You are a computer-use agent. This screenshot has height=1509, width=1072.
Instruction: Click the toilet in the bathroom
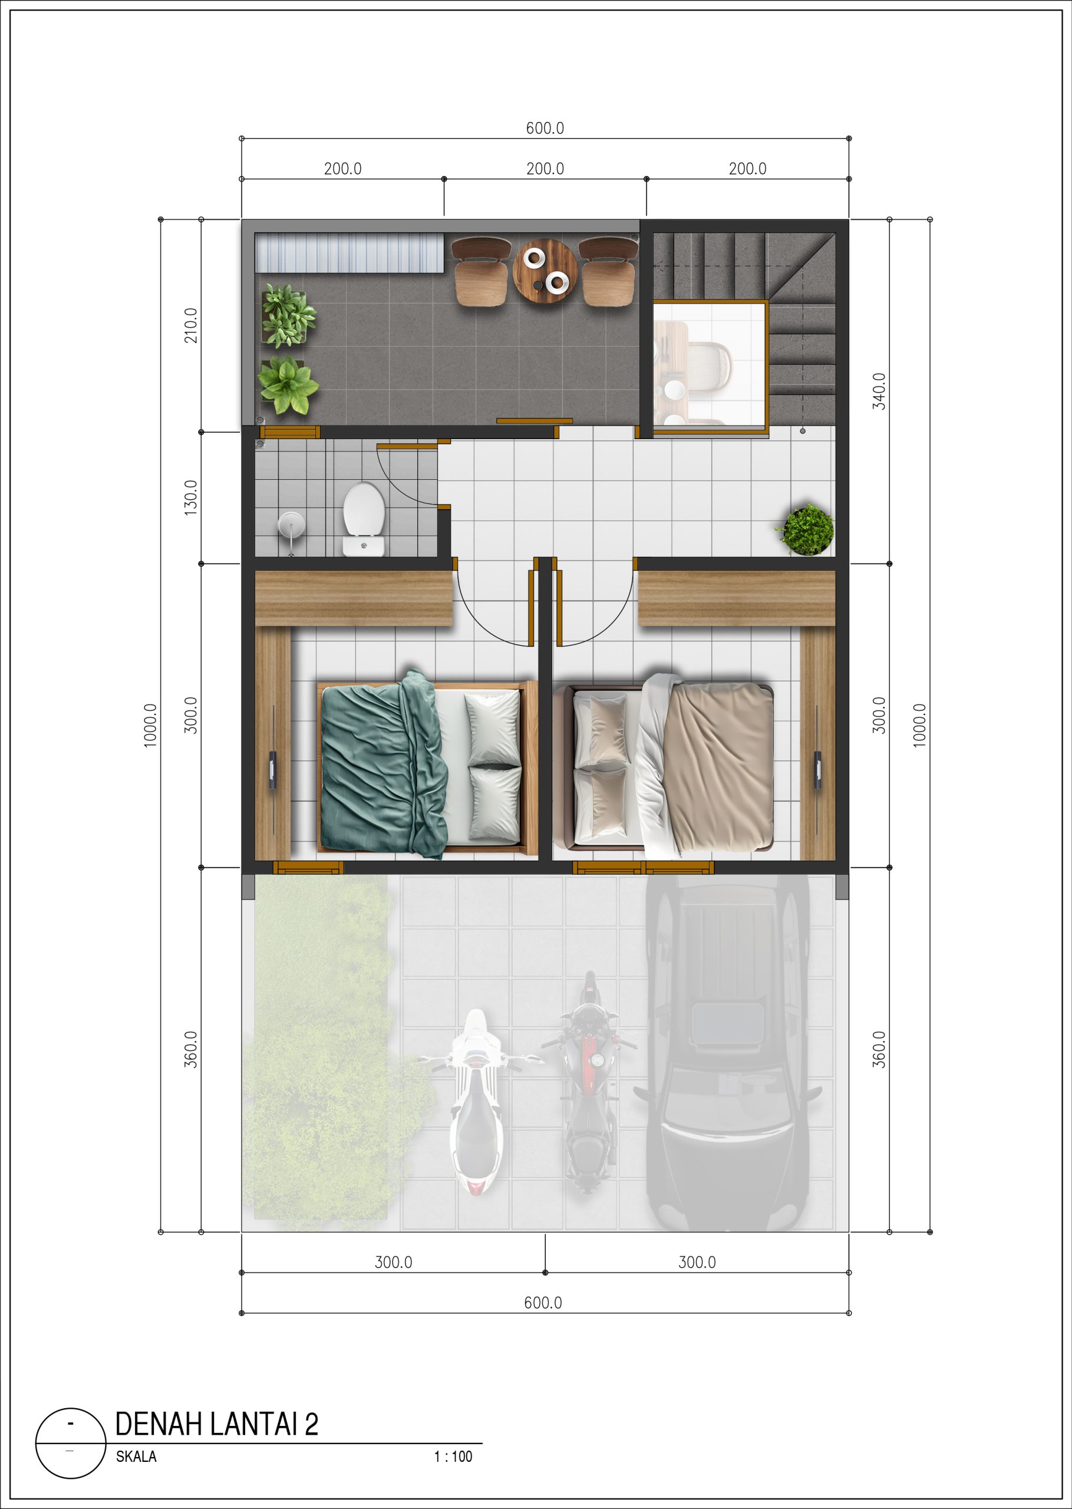364,518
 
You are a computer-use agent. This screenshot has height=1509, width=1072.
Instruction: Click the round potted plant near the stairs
805,529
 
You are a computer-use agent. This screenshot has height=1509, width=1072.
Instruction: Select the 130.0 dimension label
190,497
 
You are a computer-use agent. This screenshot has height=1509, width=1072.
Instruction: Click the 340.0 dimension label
879,391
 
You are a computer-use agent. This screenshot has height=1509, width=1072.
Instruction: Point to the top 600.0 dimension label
545,128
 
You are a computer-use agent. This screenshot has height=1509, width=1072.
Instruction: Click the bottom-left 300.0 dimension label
394,1262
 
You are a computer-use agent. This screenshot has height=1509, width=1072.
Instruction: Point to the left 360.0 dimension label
190,1050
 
